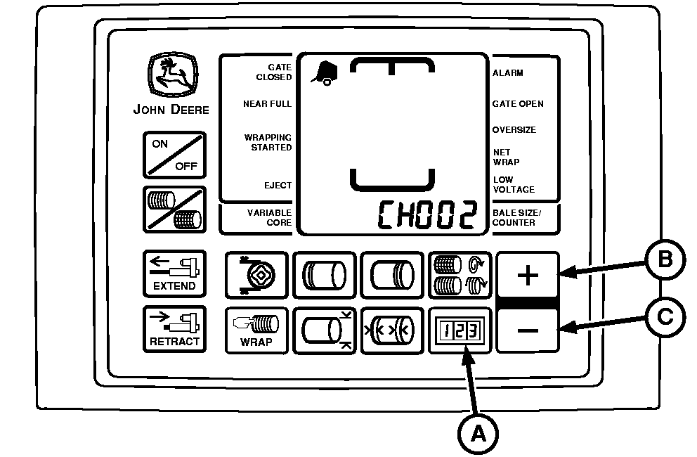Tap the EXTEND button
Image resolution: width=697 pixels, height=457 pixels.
[174, 273]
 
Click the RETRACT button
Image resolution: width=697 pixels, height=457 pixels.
[174, 329]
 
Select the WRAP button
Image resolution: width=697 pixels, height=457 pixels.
[256, 330]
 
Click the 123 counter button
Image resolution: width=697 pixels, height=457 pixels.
[460, 330]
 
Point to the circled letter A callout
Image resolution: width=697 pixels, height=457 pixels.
[478, 434]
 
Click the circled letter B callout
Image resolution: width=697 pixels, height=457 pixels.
[665, 259]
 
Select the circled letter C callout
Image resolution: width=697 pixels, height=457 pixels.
[665, 317]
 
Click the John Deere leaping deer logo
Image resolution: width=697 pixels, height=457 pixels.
[172, 75]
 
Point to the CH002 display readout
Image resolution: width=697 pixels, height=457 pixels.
[427, 214]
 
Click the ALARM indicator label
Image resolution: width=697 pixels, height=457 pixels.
[507, 73]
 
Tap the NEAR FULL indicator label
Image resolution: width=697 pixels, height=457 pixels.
[267, 103]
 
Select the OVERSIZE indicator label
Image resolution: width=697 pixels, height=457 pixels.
[514, 130]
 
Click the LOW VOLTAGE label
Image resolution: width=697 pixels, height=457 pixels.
[514, 185]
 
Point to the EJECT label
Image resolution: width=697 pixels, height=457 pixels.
[278, 185]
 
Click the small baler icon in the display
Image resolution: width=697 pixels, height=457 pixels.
[325, 73]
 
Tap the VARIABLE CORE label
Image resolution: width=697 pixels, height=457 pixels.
[269, 217]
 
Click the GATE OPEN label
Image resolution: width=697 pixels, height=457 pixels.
[518, 103]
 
